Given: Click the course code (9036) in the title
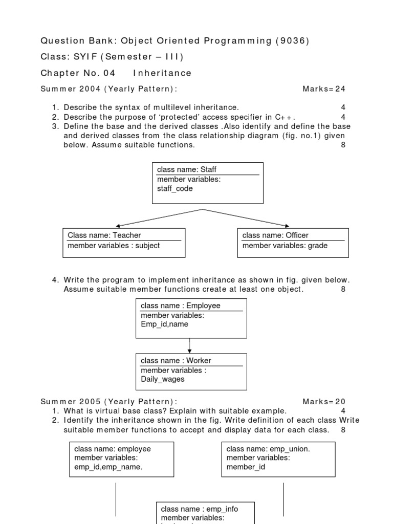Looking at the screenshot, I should (x=292, y=41).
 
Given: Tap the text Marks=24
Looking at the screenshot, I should (x=324, y=89).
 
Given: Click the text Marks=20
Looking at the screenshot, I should (x=324, y=402).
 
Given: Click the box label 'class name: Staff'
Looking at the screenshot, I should (x=183, y=169).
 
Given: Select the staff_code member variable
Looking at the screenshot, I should (x=175, y=189).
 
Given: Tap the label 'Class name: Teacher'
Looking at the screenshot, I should (x=104, y=235).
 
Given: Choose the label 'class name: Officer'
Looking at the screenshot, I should (x=275, y=235).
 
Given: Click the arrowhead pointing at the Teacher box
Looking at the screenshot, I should (x=119, y=225).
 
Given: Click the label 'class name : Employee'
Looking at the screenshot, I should (x=181, y=305).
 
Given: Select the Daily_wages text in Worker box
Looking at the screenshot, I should (x=163, y=379).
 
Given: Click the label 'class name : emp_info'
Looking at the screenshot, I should (x=200, y=509).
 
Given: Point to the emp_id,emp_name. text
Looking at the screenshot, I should (x=108, y=467).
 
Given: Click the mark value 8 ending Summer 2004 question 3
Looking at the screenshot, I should (x=343, y=145).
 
